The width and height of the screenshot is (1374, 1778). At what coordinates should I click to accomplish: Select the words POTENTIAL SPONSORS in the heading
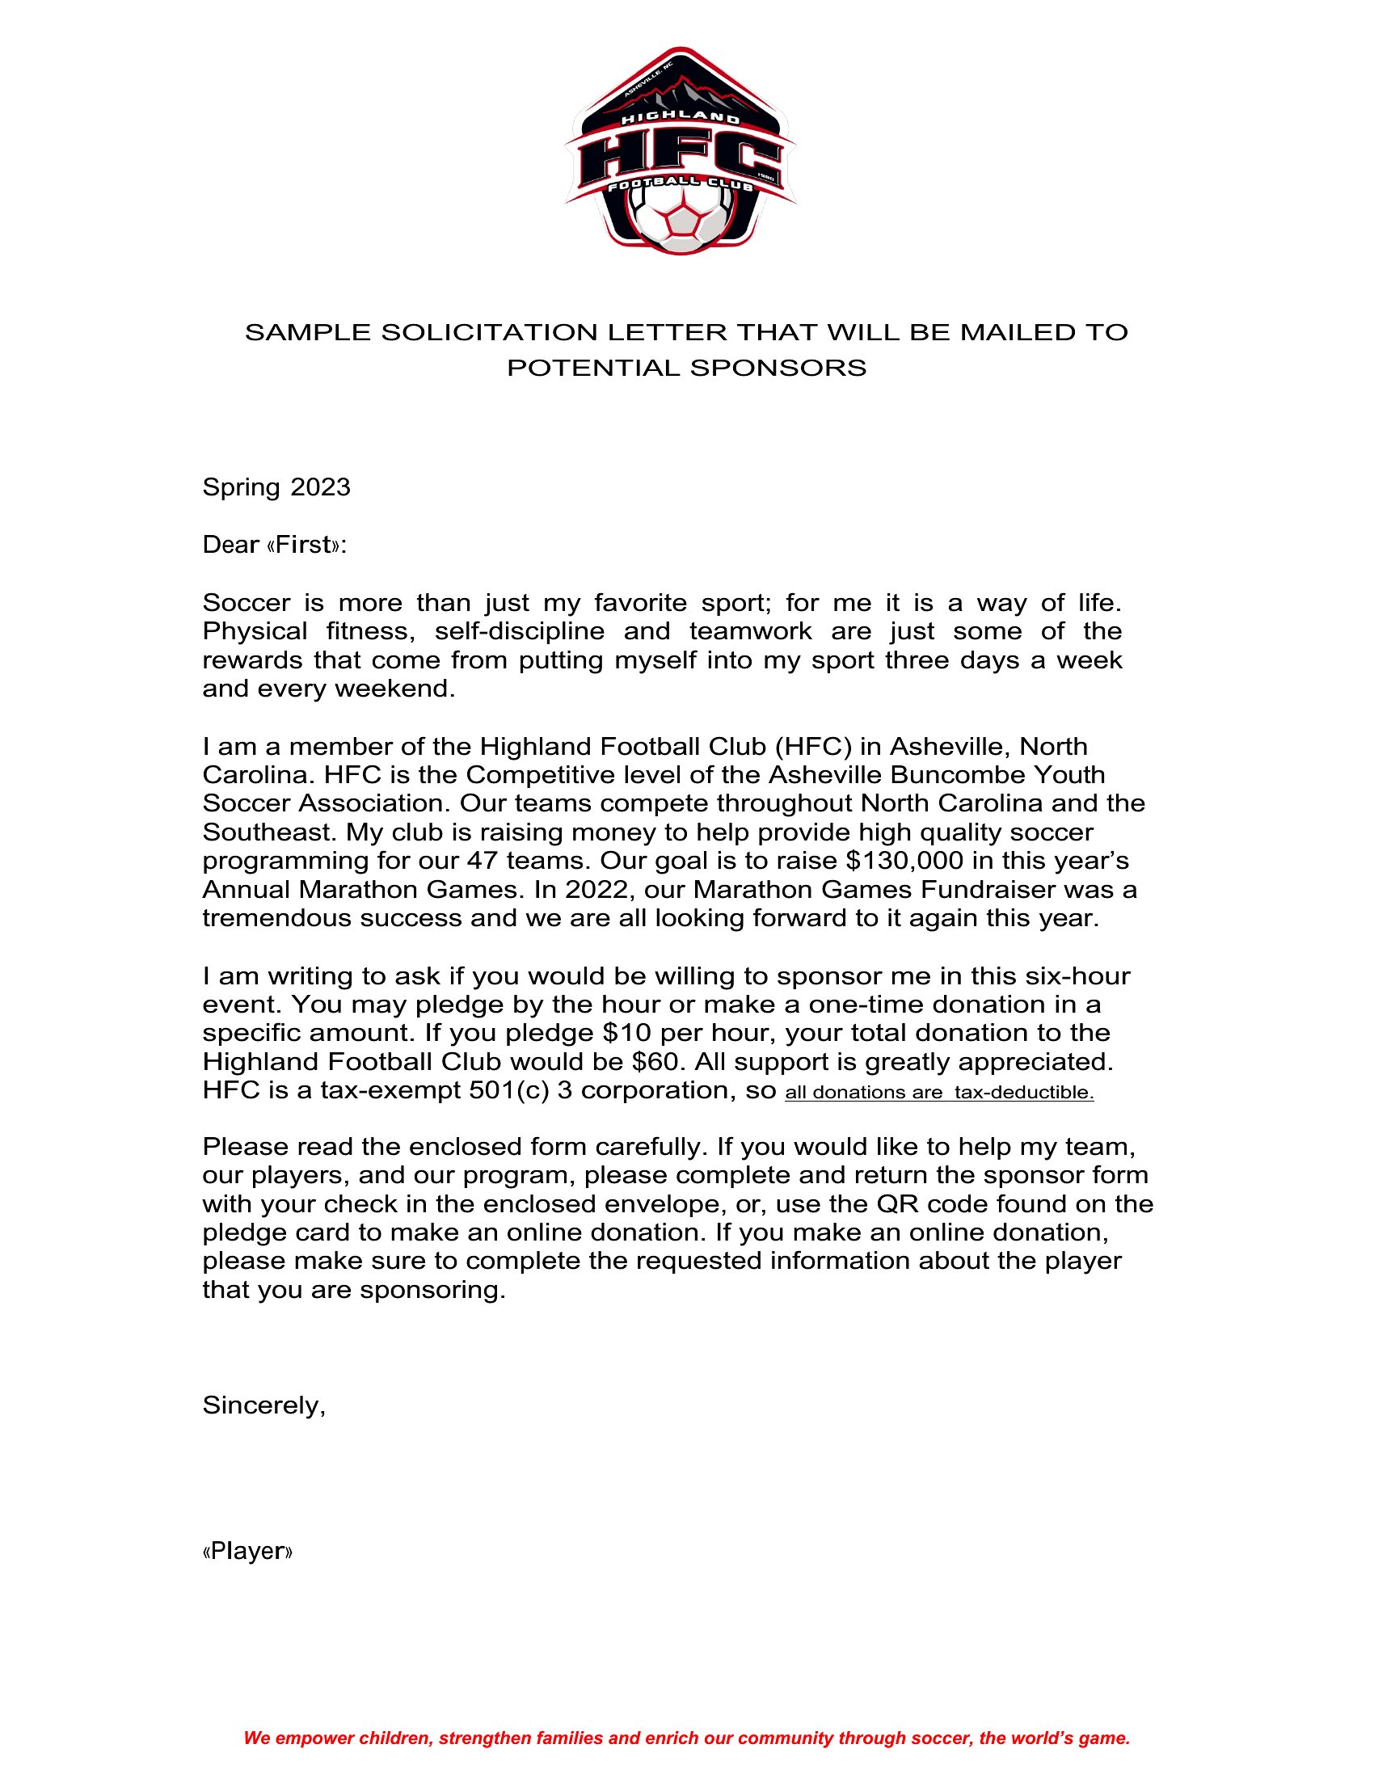coord(686,368)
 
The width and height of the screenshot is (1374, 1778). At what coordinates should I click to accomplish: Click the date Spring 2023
coord(276,487)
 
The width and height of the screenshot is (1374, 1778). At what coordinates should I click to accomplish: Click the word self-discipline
coord(520,631)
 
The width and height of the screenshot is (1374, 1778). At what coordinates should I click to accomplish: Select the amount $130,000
coord(892,861)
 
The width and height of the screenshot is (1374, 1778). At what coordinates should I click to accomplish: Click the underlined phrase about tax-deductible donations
coord(938,1093)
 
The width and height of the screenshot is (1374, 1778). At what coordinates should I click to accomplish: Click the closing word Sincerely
coord(263,1405)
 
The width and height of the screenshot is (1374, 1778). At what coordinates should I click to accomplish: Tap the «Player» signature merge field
coord(247,1551)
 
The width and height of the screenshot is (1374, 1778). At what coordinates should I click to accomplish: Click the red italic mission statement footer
coord(686,1738)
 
